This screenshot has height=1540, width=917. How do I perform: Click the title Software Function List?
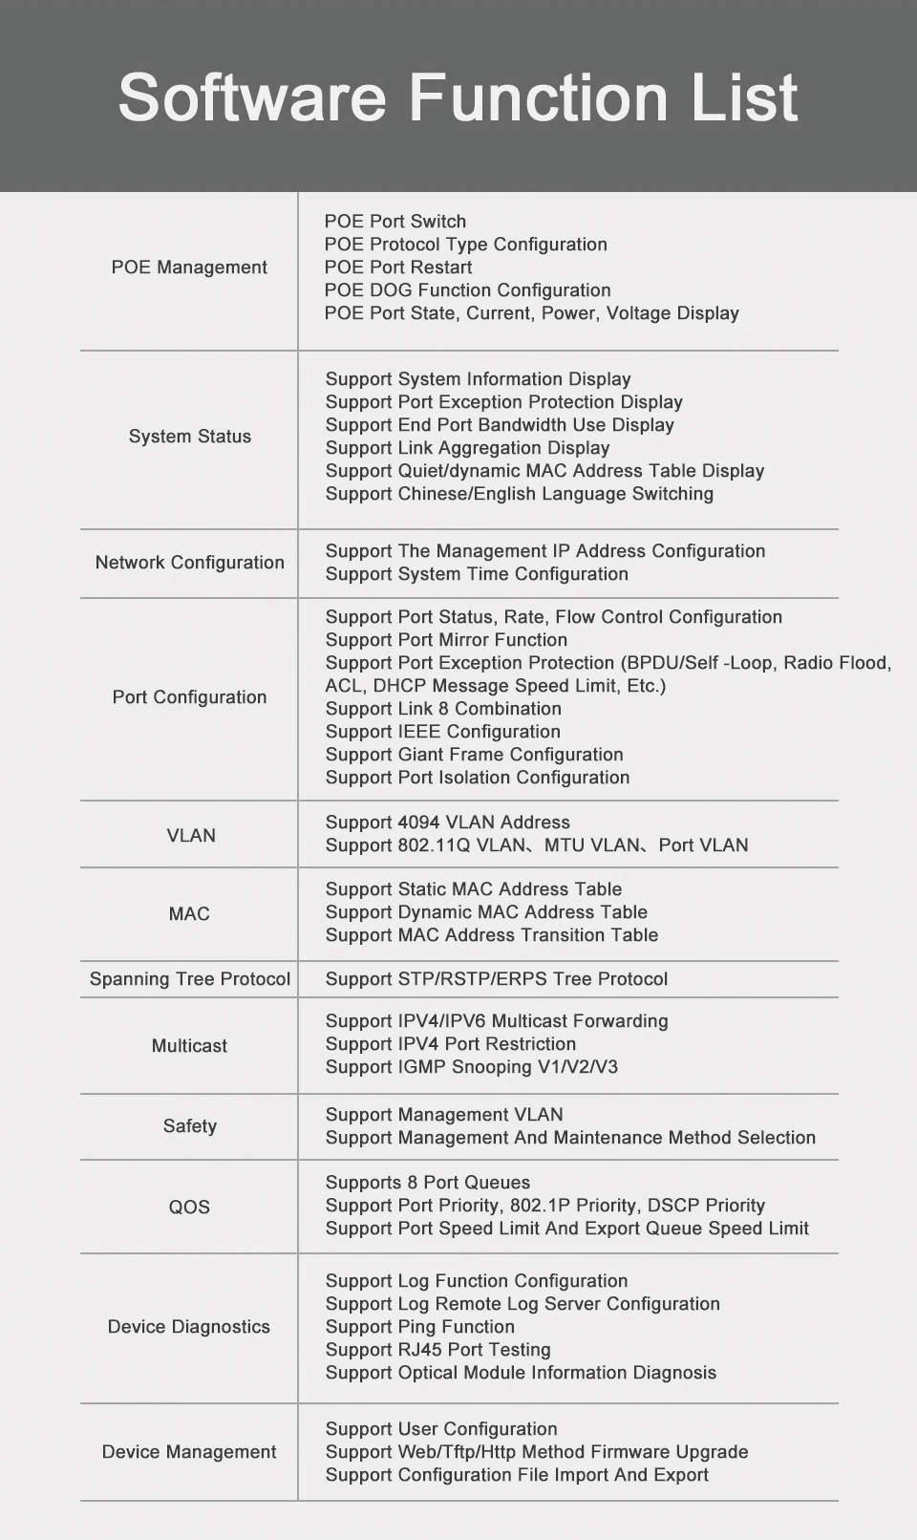pyautogui.click(x=458, y=97)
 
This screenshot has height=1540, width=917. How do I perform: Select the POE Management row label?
pyautogui.click(x=189, y=267)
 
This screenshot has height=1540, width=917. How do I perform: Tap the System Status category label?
pyautogui.click(x=190, y=437)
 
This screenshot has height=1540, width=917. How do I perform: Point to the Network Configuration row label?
pyautogui.click(x=190, y=563)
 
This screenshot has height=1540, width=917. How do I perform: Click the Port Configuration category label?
pyautogui.click(x=189, y=697)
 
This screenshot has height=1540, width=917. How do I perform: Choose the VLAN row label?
pyautogui.click(x=191, y=836)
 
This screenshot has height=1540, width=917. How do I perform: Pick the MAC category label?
pyautogui.click(x=189, y=914)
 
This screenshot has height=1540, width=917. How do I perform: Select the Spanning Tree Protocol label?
pyautogui.click(x=190, y=979)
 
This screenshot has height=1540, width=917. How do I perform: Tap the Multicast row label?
pyautogui.click(x=189, y=1046)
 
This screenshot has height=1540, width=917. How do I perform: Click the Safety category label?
pyautogui.click(x=190, y=1126)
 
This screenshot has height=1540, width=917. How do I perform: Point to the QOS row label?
pyautogui.click(x=189, y=1208)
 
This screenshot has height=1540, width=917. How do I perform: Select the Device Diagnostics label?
pyautogui.click(x=189, y=1327)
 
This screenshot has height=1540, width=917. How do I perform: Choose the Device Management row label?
pyautogui.click(x=189, y=1452)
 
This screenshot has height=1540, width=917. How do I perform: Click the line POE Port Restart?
pyautogui.click(x=398, y=267)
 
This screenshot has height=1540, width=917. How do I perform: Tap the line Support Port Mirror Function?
pyautogui.click(x=446, y=640)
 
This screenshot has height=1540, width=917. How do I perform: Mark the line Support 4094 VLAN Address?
pyautogui.click(x=447, y=823)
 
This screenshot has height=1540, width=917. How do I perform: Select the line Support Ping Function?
pyautogui.click(x=419, y=1327)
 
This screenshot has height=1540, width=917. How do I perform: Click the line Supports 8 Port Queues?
pyautogui.click(x=427, y=1183)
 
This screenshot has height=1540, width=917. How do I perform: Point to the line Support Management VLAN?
pyautogui.click(x=444, y=1115)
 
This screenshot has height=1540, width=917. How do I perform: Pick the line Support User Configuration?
pyautogui.click(x=441, y=1429)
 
